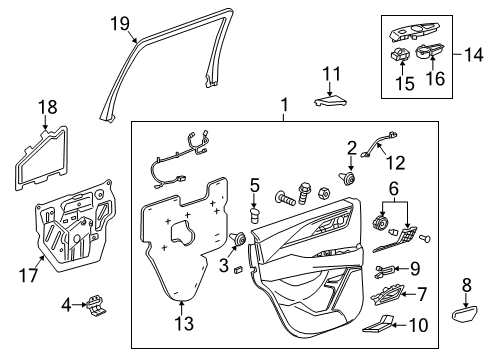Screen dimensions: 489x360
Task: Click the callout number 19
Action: click(120, 24)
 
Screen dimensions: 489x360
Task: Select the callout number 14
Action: click(473, 54)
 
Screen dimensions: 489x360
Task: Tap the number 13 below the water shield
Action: click(184, 323)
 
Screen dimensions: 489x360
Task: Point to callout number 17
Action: click(29, 275)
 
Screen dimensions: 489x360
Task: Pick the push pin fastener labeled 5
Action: click(255, 216)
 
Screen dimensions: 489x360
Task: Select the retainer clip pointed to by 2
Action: click(347, 179)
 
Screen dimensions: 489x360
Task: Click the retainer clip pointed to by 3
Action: click(238, 239)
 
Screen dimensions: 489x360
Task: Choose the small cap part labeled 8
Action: click(465, 314)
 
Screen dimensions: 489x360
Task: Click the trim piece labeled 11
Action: click(331, 100)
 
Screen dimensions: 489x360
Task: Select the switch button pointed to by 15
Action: click(401, 54)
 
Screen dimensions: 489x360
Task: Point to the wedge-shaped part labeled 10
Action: click(378, 324)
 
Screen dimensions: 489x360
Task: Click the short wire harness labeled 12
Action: click(379, 144)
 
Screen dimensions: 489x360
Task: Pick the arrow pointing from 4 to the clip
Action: click(80, 304)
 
